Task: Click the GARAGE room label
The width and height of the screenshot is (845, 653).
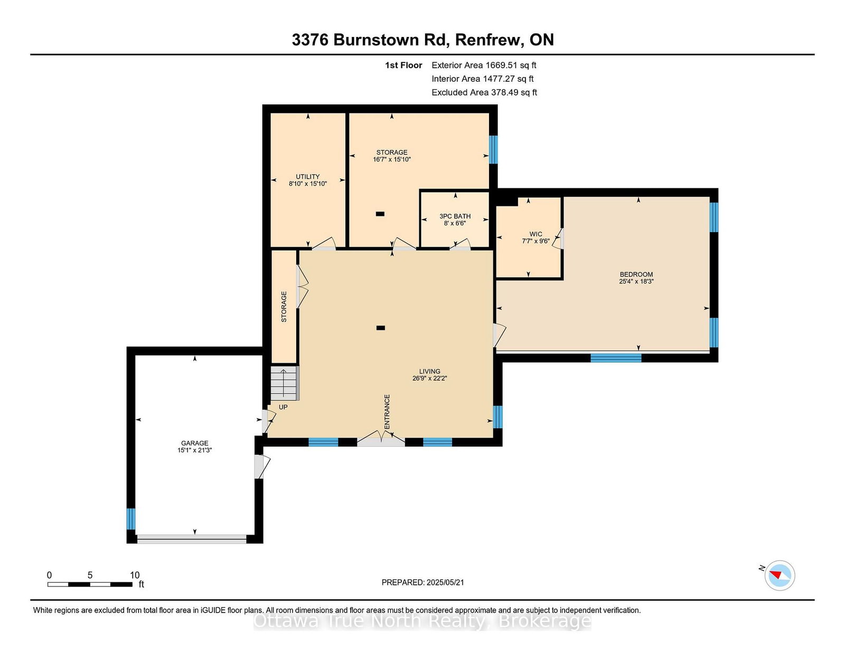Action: [x=194, y=443]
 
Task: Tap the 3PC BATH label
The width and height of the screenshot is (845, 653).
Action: [x=455, y=216]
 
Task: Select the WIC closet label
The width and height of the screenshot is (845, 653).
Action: [x=536, y=234]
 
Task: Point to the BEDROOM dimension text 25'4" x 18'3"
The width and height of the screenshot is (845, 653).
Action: [x=636, y=281]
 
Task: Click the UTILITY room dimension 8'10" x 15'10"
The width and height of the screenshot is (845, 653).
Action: [x=307, y=184]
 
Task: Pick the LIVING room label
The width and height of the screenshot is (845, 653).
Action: [x=430, y=371]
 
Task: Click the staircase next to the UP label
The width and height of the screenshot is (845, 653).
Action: [x=285, y=383]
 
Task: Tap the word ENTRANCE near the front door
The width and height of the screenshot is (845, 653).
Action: [x=387, y=412]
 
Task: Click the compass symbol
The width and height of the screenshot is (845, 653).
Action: [x=780, y=575]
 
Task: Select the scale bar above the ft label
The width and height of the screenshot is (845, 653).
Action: [x=90, y=584]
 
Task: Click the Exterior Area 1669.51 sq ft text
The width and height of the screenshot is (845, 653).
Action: [x=484, y=65]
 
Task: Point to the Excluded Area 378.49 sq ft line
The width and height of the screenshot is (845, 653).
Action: [x=484, y=92]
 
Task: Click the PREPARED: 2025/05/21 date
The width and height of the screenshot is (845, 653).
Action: [x=422, y=582]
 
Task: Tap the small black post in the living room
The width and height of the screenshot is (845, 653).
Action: [x=381, y=328]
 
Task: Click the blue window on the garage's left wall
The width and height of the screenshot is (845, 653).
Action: [x=131, y=519]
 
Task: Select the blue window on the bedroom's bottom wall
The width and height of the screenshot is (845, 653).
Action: [x=616, y=357]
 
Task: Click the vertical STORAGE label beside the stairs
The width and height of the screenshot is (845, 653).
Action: [x=284, y=307]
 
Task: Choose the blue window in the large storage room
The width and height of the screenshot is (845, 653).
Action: [x=493, y=149]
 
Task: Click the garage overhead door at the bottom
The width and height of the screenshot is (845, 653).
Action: [x=192, y=539]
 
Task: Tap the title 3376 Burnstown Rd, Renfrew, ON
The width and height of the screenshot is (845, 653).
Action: [x=422, y=40]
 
